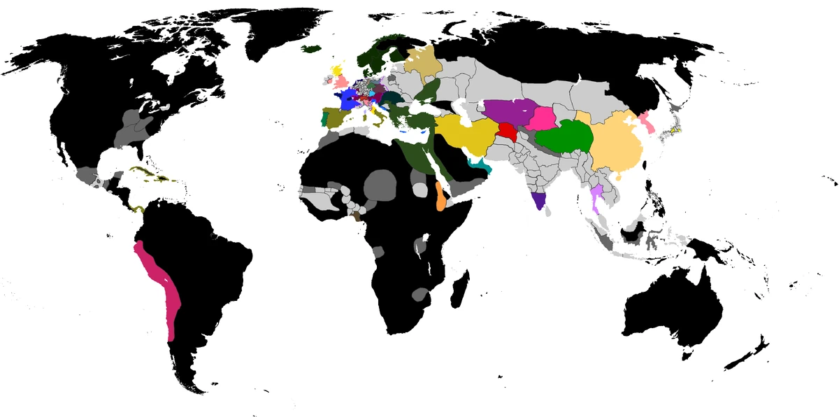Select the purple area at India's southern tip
point(538,201)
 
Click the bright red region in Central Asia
point(505,131)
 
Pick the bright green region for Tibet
point(564,135)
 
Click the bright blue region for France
point(347,98)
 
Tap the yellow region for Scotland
point(338,71)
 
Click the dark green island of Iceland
point(312,48)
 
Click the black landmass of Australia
point(675,308)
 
